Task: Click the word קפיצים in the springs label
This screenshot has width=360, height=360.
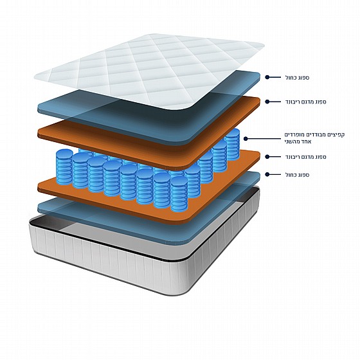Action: [337, 135]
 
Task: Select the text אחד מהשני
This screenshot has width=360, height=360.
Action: [298, 141]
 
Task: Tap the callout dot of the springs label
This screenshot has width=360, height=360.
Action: [246, 139]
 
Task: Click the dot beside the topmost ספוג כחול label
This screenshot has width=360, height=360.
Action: [267, 77]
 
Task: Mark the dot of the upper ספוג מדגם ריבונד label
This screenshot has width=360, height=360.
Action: [267, 102]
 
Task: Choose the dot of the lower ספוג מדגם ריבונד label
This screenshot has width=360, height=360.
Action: [267, 157]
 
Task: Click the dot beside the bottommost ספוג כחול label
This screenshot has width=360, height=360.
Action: [267, 174]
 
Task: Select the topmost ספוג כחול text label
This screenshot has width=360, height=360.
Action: [297, 78]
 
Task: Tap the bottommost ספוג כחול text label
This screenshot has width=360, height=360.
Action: [297, 175]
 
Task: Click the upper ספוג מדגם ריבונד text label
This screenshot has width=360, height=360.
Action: [305, 102]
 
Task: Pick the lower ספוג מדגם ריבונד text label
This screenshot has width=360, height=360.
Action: [305, 157]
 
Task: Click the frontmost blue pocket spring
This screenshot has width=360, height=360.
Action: [179, 194]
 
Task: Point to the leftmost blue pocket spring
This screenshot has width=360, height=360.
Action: [64, 167]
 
